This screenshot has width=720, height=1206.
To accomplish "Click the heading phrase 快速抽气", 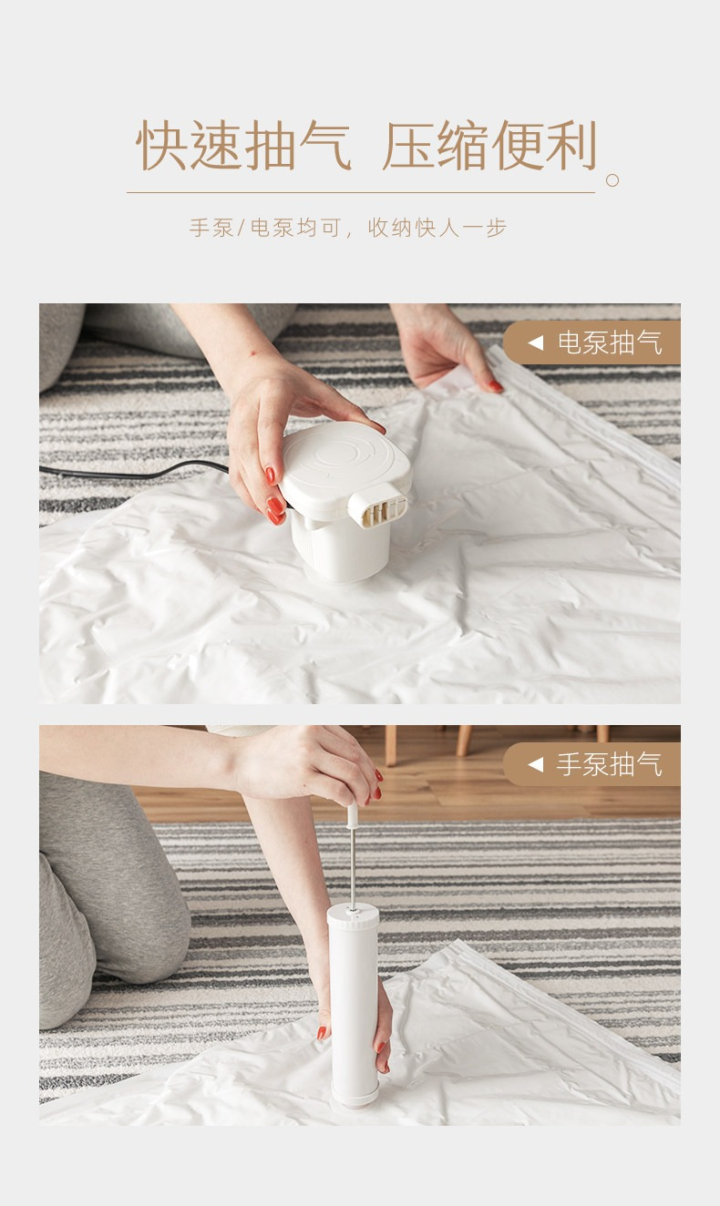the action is pyautogui.click(x=244, y=146).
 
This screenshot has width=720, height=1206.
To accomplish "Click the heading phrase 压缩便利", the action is pyautogui.click(x=490, y=146).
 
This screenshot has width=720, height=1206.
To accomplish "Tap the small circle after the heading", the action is pyautogui.click(x=612, y=180).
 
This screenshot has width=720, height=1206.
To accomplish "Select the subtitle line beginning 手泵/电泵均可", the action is pyautogui.click(x=348, y=228).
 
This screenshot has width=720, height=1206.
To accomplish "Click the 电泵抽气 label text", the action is pyautogui.click(x=609, y=343).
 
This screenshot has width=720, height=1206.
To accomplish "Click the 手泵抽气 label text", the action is pyautogui.click(x=609, y=764).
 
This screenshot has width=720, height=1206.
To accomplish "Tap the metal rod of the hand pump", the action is pyautogui.click(x=353, y=865).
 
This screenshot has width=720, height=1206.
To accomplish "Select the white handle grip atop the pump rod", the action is pyautogui.click(x=353, y=815).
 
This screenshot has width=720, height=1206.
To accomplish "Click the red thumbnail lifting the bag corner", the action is pyautogui.click(x=496, y=386).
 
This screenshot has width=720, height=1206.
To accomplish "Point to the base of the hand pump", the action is pyautogui.click(x=355, y=1098).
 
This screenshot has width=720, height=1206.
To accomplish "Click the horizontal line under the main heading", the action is pyautogui.click(x=361, y=192).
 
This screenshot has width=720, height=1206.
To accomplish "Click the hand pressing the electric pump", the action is pyautogui.click(x=291, y=431).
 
